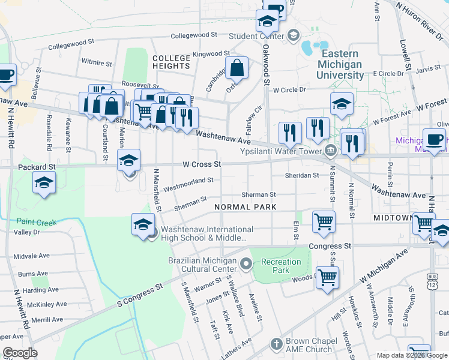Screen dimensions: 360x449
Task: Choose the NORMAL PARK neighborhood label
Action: pyautogui.click(x=246, y=207)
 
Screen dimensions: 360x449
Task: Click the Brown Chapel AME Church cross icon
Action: pyautogui.click(x=276, y=344)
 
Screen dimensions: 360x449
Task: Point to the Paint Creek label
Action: pyautogui.click(x=37, y=222)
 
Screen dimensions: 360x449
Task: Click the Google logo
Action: pyautogui.click(x=20, y=353)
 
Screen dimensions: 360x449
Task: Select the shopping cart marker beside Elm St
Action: pyautogui.click(x=324, y=221)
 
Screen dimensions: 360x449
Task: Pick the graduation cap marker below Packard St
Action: pyautogui.click(x=44, y=182)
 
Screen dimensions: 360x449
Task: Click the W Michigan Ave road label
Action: pyautogui.click(x=385, y=265)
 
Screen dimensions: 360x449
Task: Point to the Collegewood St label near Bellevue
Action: pyautogui.click(x=72, y=44)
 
